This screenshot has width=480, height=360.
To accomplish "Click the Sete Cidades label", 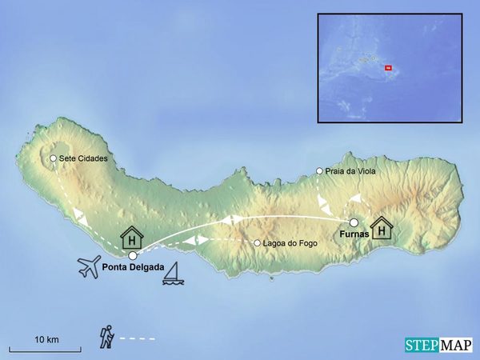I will click(83, 158).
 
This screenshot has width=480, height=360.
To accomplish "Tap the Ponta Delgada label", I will click(133, 267).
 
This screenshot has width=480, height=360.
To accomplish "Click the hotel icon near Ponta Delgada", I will click(131, 238).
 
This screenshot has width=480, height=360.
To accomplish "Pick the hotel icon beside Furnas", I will click(383, 228).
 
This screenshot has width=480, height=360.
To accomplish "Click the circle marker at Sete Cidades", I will click(53, 158).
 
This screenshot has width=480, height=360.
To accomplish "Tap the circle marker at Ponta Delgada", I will click(133, 255).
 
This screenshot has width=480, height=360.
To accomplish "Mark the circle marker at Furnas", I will click(354, 222).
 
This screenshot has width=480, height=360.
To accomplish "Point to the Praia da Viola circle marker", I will click(319, 171).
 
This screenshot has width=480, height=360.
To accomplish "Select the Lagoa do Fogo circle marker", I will click(257, 243).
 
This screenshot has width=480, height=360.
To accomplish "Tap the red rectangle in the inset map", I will click(388, 68).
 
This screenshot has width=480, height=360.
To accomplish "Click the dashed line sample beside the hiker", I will click(137, 339).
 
